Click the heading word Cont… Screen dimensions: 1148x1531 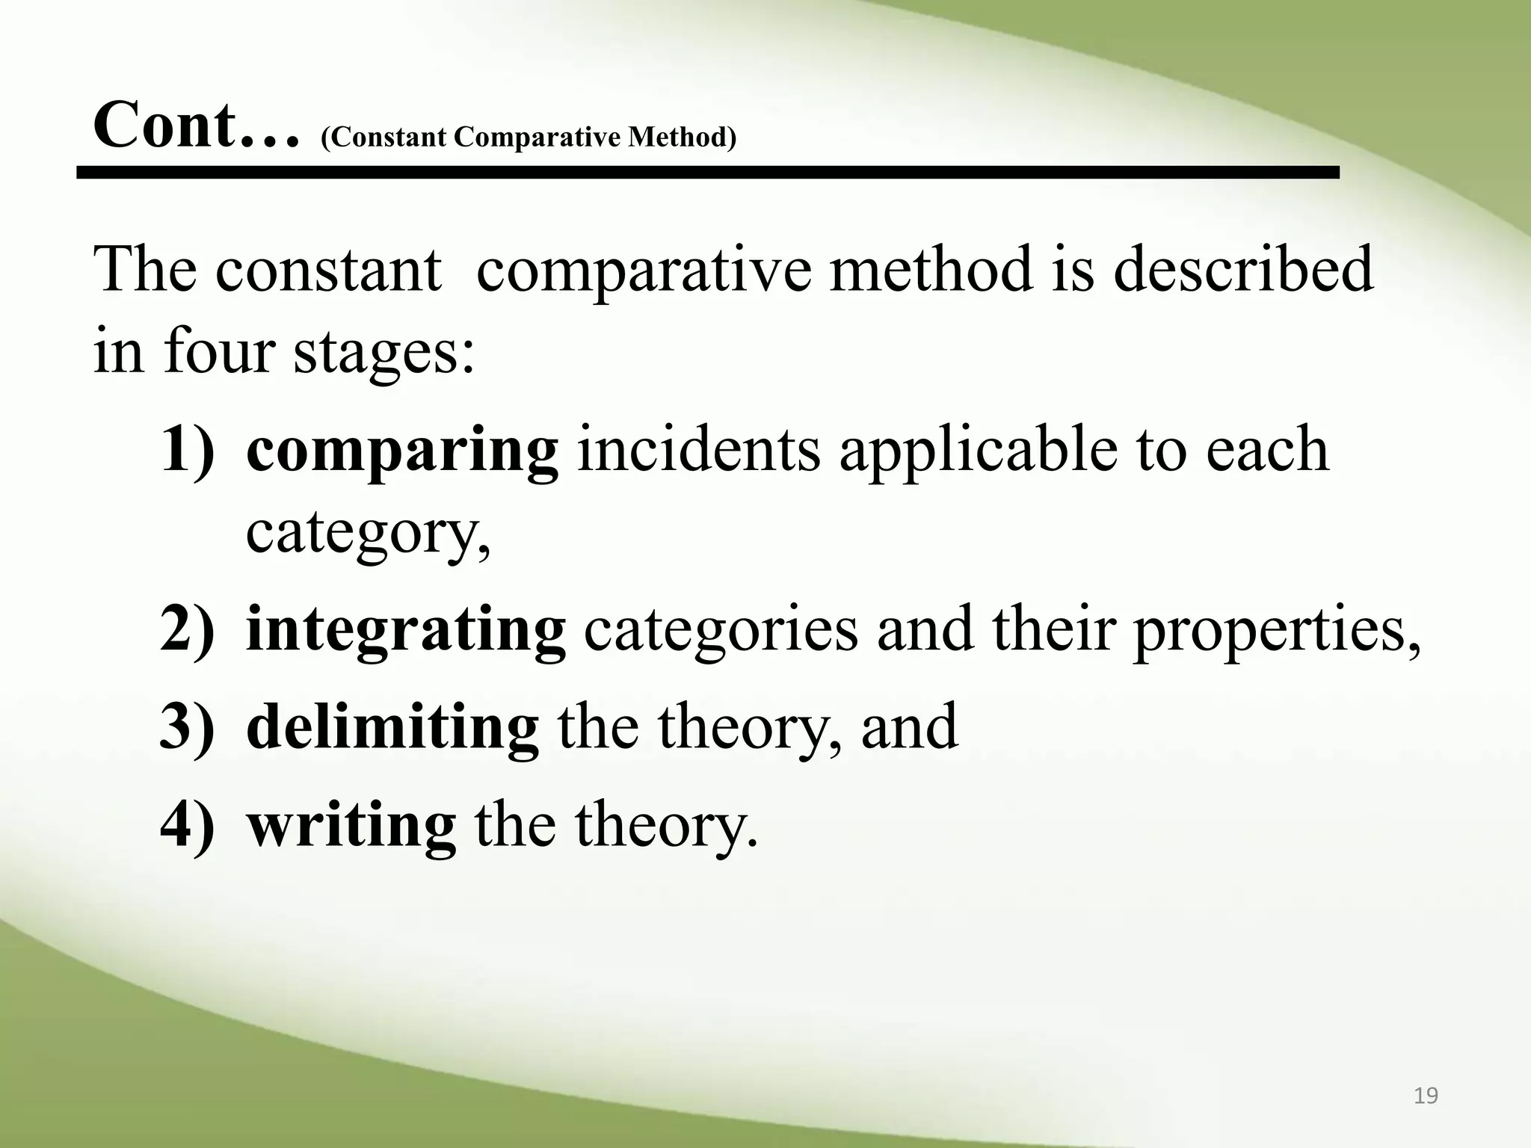pos(197,126)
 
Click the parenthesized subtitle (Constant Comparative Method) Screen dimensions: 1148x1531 pos(529,138)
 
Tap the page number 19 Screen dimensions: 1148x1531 pos(1426,1096)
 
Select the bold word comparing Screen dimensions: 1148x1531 pos(402,451)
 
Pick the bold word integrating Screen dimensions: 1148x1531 pos(405,631)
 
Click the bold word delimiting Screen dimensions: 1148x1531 pos(392,726)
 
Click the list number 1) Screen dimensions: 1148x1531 pos(187,451)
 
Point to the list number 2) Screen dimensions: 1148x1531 pos(187,631)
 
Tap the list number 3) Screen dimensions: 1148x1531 pos(187,726)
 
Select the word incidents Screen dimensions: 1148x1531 pos(699,451)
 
